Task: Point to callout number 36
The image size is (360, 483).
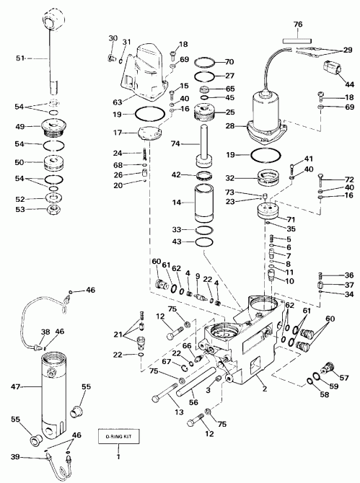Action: pyautogui.click(x=350, y=275)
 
